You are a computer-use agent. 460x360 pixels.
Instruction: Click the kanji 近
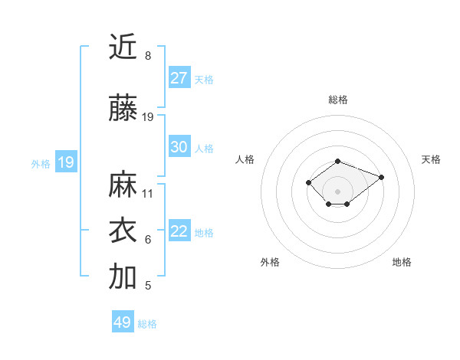pyautogui.click(x=123, y=47)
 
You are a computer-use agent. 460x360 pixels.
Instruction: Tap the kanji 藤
pyautogui.click(x=123, y=110)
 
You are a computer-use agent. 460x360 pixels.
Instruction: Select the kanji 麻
pyautogui.click(x=123, y=185)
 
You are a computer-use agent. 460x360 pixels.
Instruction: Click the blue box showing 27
pyautogui.click(x=179, y=78)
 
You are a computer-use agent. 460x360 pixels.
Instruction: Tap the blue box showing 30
pyautogui.click(x=179, y=147)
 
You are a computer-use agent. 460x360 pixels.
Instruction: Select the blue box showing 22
pyautogui.click(x=179, y=231)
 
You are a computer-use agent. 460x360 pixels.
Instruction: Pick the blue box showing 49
pyautogui.click(x=123, y=322)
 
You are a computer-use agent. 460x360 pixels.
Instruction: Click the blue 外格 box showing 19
pyautogui.click(x=65, y=162)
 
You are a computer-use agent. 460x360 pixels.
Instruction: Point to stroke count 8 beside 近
pyautogui.click(x=148, y=56)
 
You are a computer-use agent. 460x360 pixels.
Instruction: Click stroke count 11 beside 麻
pyautogui.click(x=148, y=194)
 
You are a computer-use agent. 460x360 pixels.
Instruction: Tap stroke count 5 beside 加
pyautogui.click(x=148, y=286)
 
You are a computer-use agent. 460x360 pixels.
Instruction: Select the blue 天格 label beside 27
pyautogui.click(x=204, y=79)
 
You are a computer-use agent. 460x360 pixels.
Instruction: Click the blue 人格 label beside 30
pyautogui.click(x=204, y=148)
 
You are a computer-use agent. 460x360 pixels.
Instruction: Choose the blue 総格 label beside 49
pyautogui.click(x=147, y=323)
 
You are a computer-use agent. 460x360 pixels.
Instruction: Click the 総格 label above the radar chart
pyautogui.click(x=338, y=100)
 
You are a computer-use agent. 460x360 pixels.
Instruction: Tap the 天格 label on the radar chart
pyautogui.click(x=432, y=159)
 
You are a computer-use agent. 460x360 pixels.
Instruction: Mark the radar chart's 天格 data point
pyautogui.click(x=381, y=177)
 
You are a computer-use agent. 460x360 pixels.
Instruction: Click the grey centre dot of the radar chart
pyautogui.click(x=338, y=191)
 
